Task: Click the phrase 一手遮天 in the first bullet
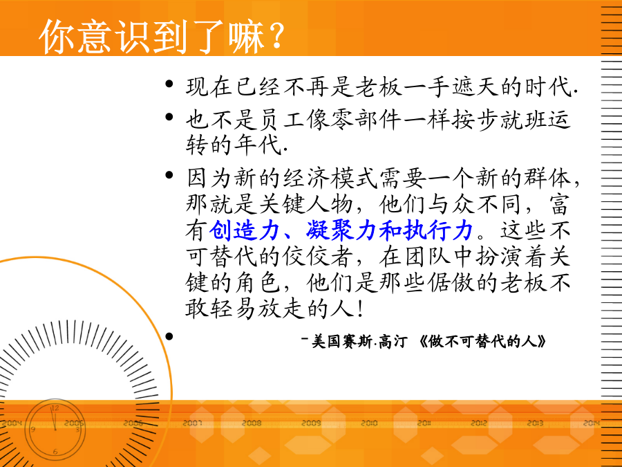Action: tap(452, 86)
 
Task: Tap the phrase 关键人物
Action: tap(305, 205)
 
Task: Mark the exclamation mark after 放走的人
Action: tap(360, 309)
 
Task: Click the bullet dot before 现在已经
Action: tap(169, 84)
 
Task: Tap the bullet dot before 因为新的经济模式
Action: tap(169, 175)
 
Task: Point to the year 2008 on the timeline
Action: tap(252, 423)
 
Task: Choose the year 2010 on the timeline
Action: tap(369, 423)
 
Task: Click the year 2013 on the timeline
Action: tap(535, 423)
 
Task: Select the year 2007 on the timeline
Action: tap(192, 423)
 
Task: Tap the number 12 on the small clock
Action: tap(55, 408)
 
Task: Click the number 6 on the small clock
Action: tap(55, 452)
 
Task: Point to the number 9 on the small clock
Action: tap(33, 429)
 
